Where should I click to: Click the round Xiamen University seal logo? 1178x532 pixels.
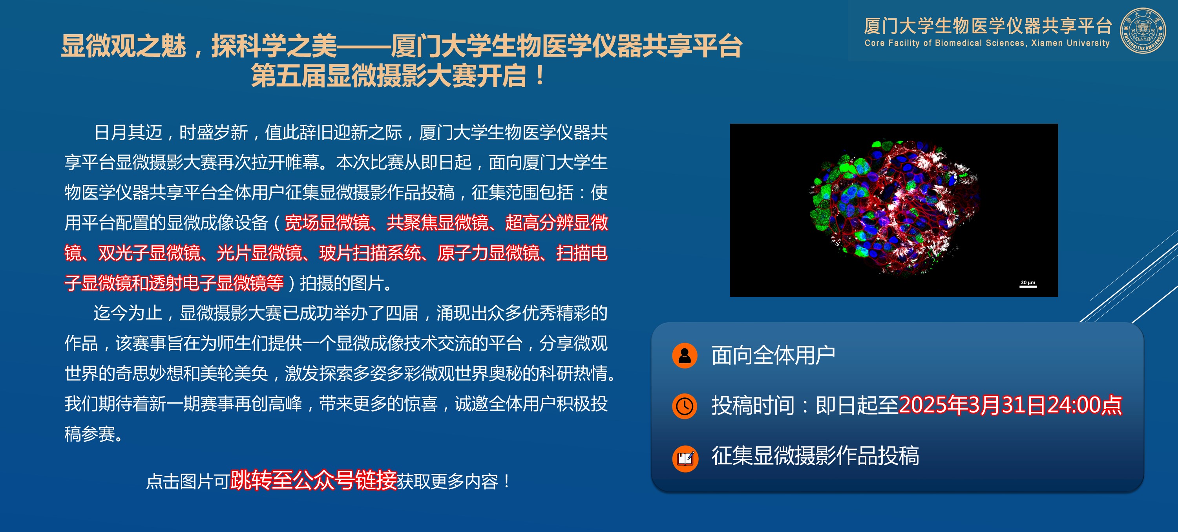[x=1142, y=30]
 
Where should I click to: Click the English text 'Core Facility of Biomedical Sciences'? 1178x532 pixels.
[x=945, y=43]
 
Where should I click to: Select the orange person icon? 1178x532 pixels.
[x=685, y=355]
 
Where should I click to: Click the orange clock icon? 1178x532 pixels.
[x=685, y=406]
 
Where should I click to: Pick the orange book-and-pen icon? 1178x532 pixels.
[x=685, y=458]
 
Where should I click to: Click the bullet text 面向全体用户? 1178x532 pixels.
[x=773, y=355]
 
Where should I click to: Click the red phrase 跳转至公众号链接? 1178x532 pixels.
[x=313, y=480]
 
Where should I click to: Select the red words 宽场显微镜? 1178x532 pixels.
[x=327, y=223]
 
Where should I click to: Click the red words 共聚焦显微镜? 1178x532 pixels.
[x=438, y=223]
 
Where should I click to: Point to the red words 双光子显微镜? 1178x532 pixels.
[x=149, y=253]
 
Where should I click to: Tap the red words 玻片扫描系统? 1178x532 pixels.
[x=370, y=253]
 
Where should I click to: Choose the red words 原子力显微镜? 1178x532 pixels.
[x=488, y=253]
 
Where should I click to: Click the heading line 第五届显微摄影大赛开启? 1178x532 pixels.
[x=389, y=76]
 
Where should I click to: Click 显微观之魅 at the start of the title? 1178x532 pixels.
[x=124, y=46]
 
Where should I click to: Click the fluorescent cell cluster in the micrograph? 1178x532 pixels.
[x=894, y=208]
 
